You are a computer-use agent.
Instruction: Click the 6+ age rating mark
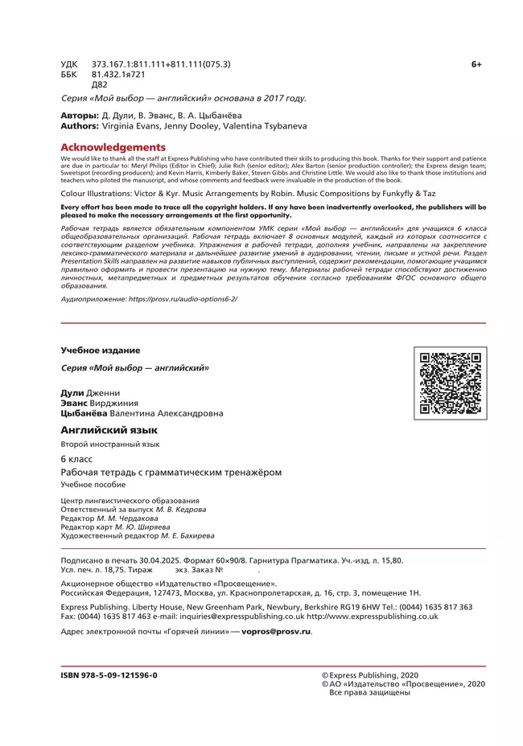(x=476, y=64)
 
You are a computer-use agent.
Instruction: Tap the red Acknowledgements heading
(x=113, y=147)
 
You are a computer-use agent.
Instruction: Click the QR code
(x=451, y=383)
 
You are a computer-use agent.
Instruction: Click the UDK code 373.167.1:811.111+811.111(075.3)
(x=161, y=64)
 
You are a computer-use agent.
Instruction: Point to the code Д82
(x=100, y=84)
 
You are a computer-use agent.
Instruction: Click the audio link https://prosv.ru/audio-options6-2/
(x=179, y=298)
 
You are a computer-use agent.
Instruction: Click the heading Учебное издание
(x=101, y=350)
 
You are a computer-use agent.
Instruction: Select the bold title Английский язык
(x=109, y=430)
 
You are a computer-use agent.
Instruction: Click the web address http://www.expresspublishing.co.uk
(x=373, y=617)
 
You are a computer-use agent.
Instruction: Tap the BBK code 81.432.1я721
(x=118, y=74)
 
